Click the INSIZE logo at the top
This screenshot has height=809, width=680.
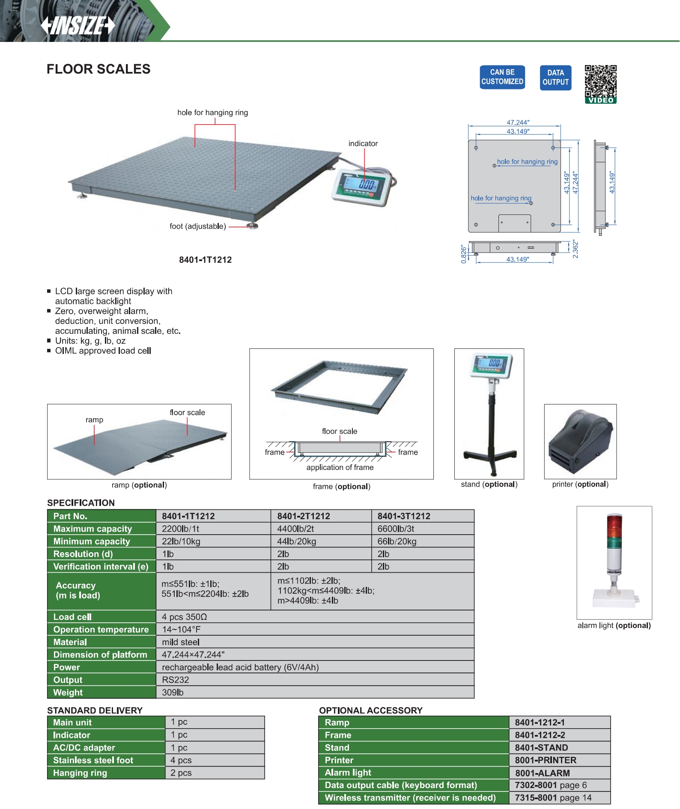point(78,25)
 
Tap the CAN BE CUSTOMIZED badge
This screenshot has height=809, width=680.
point(502,77)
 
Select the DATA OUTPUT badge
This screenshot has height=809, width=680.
point(555,77)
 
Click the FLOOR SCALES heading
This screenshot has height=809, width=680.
point(98,69)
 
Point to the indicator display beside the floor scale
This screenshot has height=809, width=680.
point(362,187)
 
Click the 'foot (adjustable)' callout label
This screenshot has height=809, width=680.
point(197,226)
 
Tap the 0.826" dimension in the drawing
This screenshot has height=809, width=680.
point(464,254)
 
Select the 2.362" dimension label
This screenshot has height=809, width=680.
point(576,249)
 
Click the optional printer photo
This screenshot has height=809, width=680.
point(580,441)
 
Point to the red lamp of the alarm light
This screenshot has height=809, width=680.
point(614,525)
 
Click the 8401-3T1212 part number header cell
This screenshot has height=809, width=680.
point(404,516)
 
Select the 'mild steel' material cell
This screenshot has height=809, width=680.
point(181,642)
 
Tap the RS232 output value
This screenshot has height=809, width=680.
point(176,680)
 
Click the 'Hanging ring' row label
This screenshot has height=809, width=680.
point(80,773)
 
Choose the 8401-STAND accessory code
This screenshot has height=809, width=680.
point(541,747)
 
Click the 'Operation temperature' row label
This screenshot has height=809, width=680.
point(101,629)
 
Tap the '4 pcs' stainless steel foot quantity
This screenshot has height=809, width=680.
point(181,760)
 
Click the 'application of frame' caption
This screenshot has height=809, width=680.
point(340,467)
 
